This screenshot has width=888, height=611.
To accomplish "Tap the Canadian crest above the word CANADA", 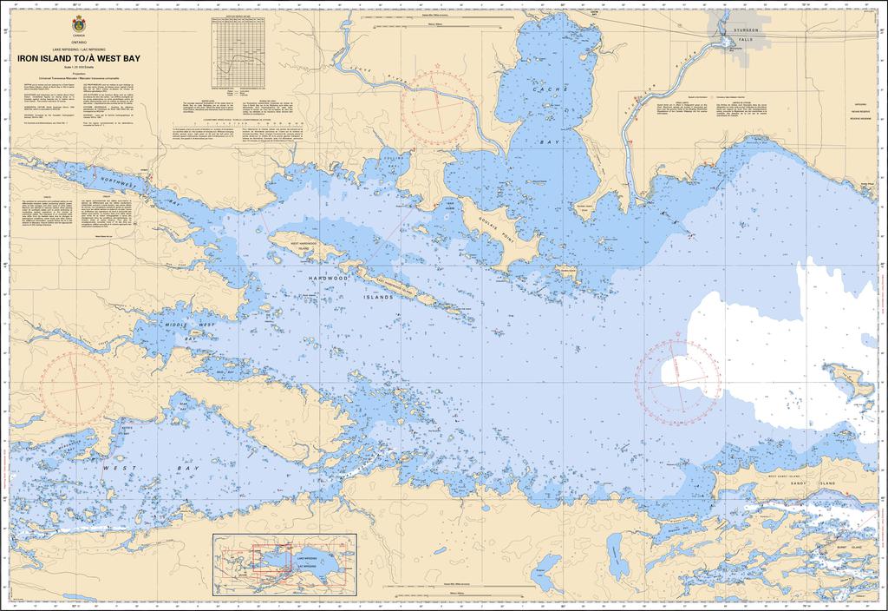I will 79,19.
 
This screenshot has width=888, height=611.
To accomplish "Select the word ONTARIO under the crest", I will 79,41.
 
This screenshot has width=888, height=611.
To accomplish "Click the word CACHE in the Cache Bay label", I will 551,89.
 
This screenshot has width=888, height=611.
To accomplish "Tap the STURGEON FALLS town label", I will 747,35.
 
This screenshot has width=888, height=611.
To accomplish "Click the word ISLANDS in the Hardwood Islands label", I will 376,296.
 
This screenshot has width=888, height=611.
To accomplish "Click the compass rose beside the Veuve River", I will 438,102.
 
